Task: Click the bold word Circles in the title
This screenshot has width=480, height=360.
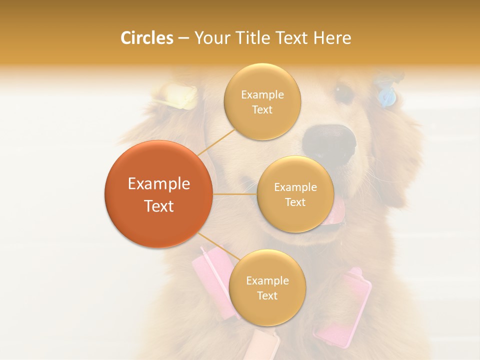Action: pos(146,38)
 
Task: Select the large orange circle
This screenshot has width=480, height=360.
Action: pos(158,194)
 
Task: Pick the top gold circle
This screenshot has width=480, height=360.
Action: pos(262,101)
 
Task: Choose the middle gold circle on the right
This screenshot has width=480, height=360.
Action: pos(295,194)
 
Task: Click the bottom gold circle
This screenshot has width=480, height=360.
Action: pos(267,287)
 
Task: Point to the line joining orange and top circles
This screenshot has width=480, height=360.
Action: pos(216,141)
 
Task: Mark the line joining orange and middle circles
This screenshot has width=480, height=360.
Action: pos(234,193)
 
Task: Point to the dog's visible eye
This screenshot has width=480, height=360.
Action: pos(343,93)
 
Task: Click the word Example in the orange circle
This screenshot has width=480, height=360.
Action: pos(158,184)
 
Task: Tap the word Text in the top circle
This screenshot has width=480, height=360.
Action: pos(262,110)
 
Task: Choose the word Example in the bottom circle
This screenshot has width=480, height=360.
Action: pos(267,281)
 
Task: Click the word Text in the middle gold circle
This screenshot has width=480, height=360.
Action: pos(295,202)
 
